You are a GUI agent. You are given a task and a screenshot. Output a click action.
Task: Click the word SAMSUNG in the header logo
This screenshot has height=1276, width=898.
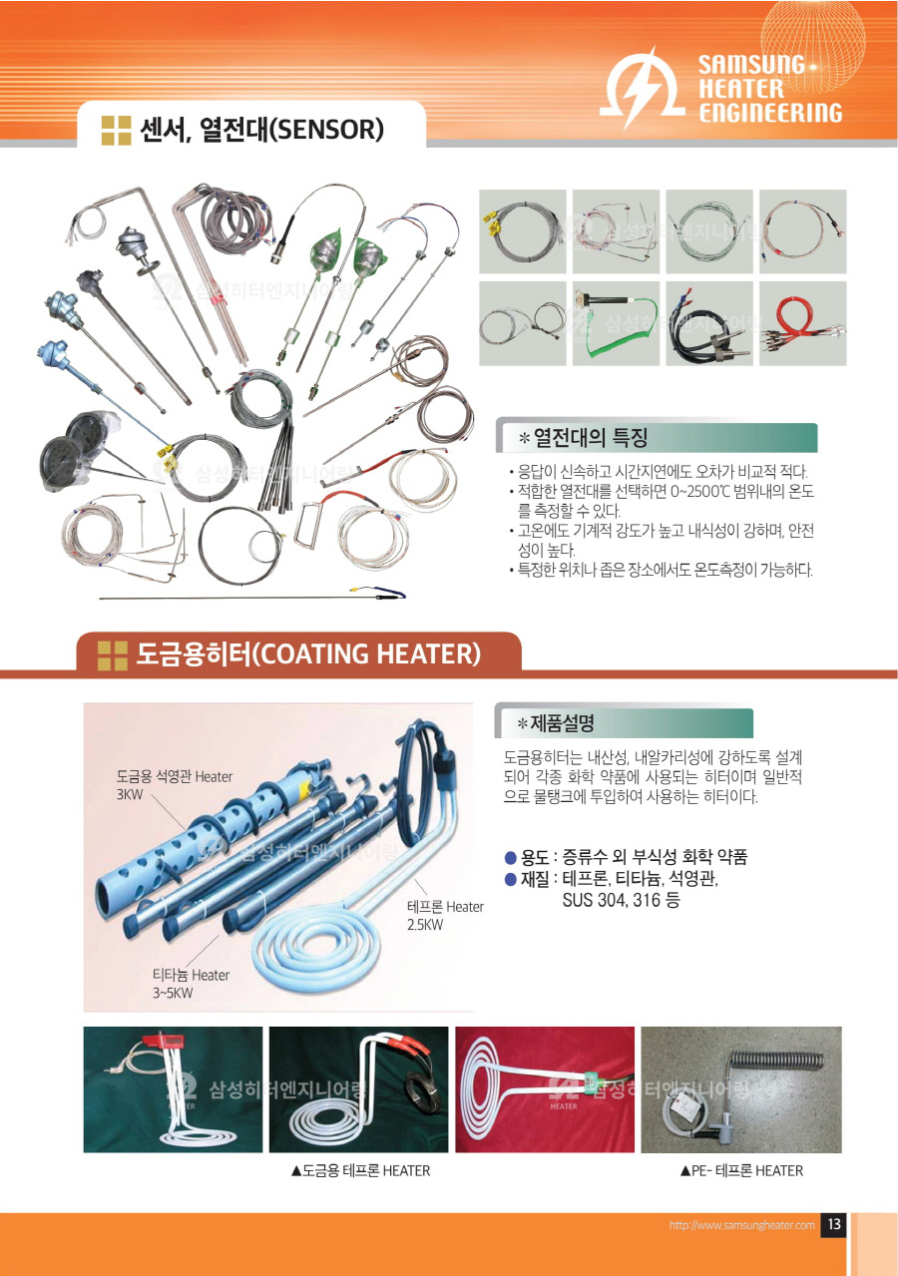coord(751,65)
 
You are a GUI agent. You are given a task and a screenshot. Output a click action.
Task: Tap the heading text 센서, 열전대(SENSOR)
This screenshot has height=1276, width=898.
coord(261,130)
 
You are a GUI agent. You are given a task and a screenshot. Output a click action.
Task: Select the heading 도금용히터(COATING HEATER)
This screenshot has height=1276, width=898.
coord(308,653)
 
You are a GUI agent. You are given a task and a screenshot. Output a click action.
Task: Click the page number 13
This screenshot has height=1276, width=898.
coord(834,1224)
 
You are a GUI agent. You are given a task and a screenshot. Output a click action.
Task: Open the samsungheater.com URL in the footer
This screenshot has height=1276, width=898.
coord(742,1225)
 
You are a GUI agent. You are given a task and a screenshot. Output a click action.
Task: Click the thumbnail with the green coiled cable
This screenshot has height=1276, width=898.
coord(616,323)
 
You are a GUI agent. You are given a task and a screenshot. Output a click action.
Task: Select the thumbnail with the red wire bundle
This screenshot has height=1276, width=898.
coord(803,323)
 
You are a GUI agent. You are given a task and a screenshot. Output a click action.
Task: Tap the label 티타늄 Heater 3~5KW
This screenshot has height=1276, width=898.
coord(191,984)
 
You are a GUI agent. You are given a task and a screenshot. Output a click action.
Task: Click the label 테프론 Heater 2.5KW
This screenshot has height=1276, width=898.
coord(445,915)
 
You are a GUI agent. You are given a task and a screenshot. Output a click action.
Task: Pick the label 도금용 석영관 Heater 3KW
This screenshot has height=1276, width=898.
coord(175,785)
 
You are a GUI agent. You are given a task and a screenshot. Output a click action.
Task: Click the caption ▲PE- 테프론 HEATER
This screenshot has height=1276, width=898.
coord(741,1170)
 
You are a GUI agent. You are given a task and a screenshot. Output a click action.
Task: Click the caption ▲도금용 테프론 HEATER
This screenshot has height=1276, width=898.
coord(360,1170)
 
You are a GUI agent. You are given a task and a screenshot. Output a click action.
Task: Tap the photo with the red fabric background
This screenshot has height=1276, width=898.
coord(545,1089)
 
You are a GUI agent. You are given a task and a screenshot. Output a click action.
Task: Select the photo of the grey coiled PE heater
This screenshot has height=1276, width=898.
coord(741,1089)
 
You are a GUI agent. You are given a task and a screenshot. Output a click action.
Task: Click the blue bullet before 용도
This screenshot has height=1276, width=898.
coord(511,857)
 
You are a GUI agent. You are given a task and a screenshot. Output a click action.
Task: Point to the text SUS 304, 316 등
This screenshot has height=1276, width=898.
coord(621,900)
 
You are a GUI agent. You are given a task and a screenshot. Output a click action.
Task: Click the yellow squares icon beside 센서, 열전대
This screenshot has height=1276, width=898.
coord(116,130)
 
